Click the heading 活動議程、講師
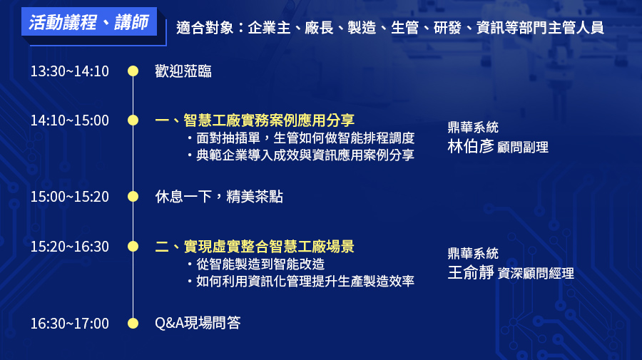coord(88,22)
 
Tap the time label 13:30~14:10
coord(70,71)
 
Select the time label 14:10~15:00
coord(70,120)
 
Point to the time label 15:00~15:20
coord(70,197)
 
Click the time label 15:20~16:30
coord(70,246)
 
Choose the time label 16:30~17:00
coord(70,323)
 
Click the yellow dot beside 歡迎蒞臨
coord(133,71)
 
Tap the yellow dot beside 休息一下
coord(133,197)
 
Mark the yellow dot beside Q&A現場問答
coord(133,323)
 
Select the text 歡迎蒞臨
coord(183,71)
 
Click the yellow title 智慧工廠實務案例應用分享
coord(269,120)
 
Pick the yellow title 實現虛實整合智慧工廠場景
coord(269,246)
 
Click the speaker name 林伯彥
coord(471,146)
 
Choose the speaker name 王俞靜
coord(471,272)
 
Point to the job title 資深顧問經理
coord(536,273)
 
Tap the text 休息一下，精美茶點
coord(219,197)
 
